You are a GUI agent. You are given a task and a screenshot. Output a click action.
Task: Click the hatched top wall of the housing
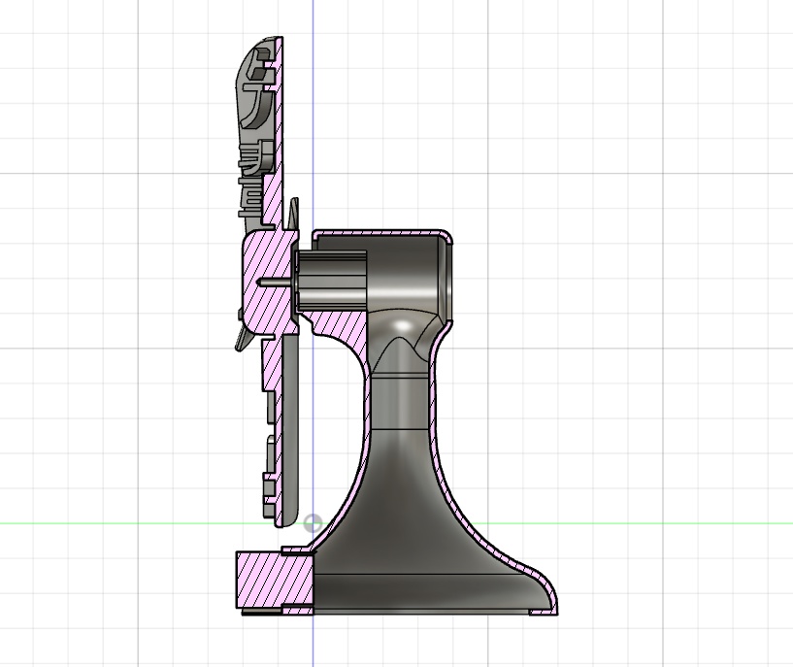coord(379,234)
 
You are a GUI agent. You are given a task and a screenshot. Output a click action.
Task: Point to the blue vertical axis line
coord(313,117)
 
